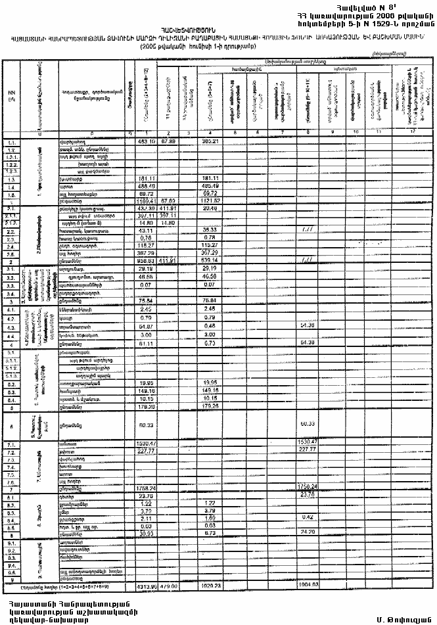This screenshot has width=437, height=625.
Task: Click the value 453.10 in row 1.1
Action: [x=146, y=142]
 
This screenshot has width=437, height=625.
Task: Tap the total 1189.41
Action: [x=146, y=201]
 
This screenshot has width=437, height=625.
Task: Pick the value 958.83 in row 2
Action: [x=146, y=261]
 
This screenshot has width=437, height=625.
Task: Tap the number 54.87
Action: [x=146, y=327]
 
